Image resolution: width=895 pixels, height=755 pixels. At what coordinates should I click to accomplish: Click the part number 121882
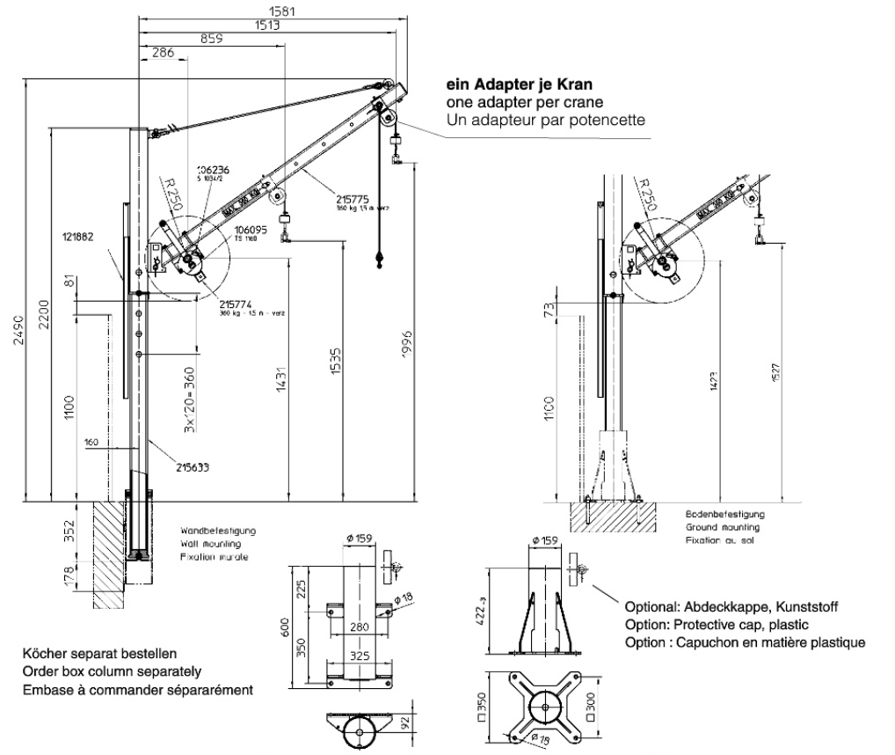(x=77, y=237)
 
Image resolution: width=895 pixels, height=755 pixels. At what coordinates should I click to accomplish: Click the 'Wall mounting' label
(x=212, y=545)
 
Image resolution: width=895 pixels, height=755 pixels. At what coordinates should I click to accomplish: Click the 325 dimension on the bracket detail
(x=355, y=656)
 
